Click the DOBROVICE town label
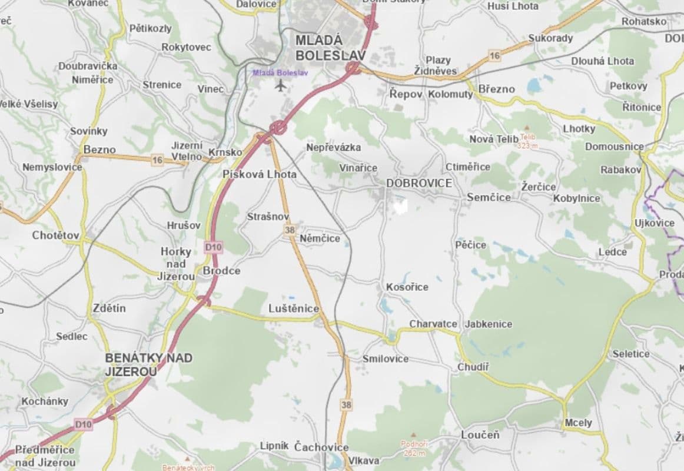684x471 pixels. (419, 183)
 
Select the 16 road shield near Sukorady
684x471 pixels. (494, 56)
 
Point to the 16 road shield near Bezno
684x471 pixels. (157, 160)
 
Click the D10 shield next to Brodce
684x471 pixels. (214, 247)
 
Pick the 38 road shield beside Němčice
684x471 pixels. (289, 230)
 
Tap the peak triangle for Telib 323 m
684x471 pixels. (526, 128)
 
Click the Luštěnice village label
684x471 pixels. (293, 309)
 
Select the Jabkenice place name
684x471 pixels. (488, 324)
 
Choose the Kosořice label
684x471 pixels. (407, 287)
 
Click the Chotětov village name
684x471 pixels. (56, 235)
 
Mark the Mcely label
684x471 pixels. (578, 423)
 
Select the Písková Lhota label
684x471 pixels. (260, 174)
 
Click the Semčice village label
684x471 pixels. (489, 197)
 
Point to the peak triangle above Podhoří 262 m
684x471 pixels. (416, 434)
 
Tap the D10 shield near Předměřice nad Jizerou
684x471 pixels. (84, 424)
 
